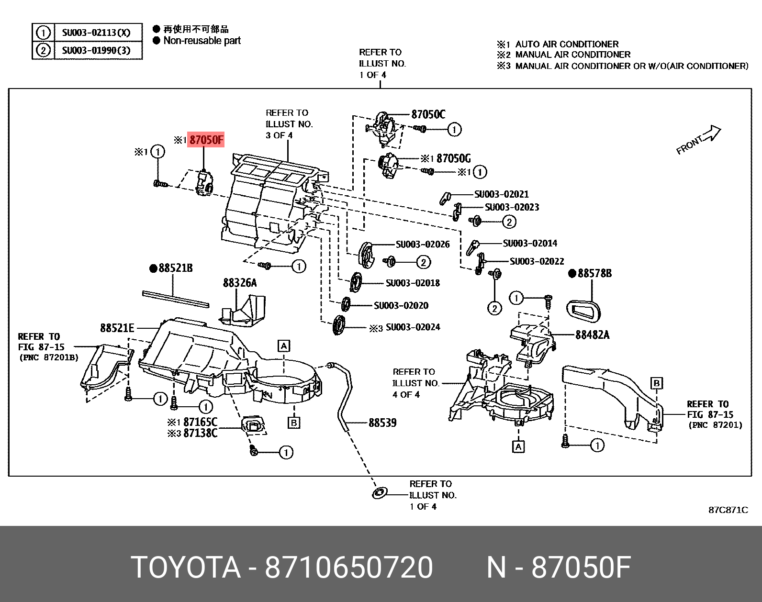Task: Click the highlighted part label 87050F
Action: pos(206,140)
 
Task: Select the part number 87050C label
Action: pos(428,114)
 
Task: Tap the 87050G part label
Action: pos(453,158)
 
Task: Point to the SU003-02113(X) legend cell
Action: pos(96,33)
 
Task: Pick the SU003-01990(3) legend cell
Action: pos(96,50)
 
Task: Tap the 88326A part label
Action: pos(239,283)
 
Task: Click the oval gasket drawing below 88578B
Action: pos(583,311)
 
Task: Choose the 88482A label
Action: pos(592,335)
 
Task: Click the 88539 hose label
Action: pos(382,423)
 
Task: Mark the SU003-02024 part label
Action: pos(413,327)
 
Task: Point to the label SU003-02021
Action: pos(501,194)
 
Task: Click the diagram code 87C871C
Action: pos(728,510)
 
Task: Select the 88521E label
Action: pos(117,328)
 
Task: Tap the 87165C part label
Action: pos(200,422)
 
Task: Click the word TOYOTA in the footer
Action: pos(185,568)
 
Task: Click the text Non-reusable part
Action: pos(202,41)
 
